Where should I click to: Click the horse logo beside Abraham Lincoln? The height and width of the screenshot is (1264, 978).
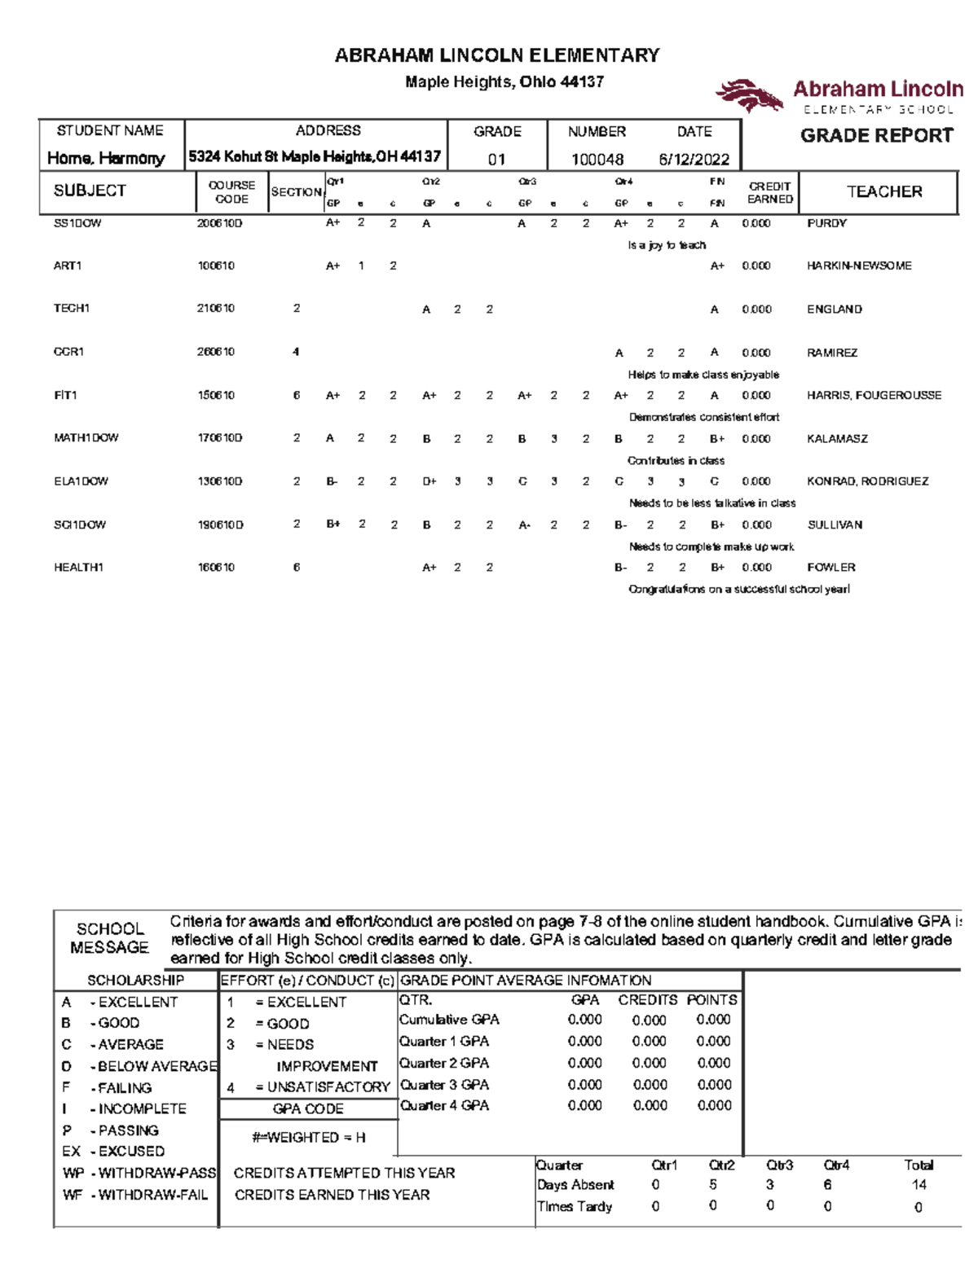pos(748,94)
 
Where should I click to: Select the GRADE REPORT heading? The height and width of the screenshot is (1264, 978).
pos(876,136)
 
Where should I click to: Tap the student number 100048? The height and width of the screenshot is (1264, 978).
pos(597,160)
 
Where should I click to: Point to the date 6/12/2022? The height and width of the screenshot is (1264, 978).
pos(694,160)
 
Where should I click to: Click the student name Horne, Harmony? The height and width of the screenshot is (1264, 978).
pos(106,158)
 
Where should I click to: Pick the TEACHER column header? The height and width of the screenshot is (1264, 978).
pos(884,192)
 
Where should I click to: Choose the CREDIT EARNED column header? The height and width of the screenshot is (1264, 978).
pos(769,193)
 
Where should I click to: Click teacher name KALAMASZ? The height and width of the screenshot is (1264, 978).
pos(837,439)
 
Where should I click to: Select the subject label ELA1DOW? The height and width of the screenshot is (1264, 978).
pos(81,481)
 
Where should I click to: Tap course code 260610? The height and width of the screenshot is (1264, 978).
pos(216,352)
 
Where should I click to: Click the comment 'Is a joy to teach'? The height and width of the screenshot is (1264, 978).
pos(667,245)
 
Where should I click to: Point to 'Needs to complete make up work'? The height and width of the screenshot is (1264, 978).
pos(711,547)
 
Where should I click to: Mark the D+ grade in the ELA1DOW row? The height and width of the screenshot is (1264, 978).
pos(430,481)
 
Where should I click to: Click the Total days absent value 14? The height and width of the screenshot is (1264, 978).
pos(919,1185)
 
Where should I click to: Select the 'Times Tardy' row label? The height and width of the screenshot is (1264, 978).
pos(575,1207)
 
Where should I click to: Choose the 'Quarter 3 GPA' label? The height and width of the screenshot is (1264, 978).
pos(444,1085)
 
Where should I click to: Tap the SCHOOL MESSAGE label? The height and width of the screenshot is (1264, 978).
pos(109,938)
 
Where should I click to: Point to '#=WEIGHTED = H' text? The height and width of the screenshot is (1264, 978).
pos(309,1138)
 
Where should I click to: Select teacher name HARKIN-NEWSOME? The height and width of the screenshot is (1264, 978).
pos(859,266)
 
